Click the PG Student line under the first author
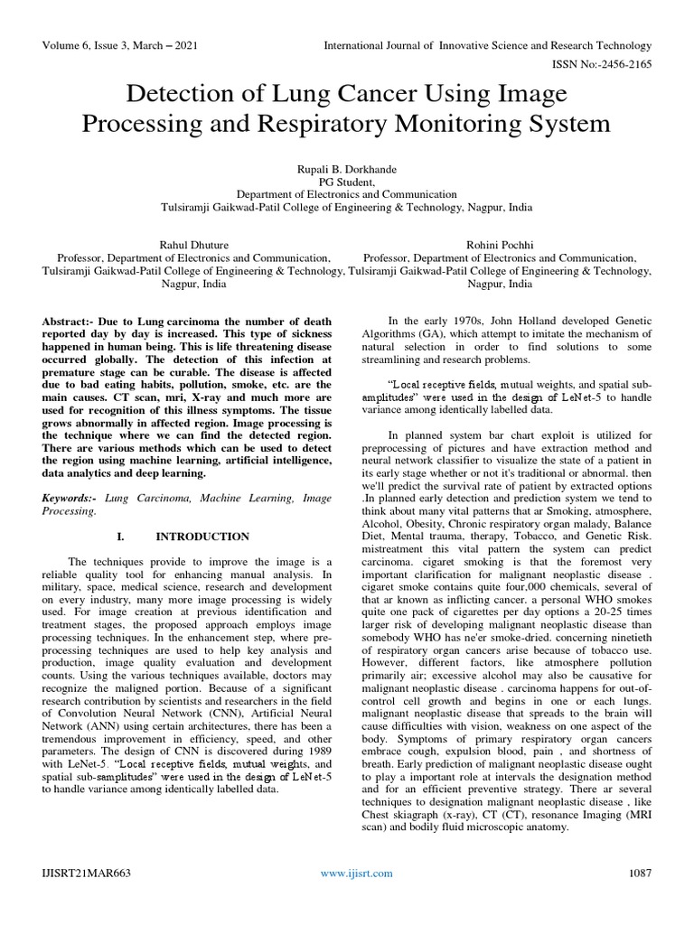[347, 181]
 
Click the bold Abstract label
[70, 322]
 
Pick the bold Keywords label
[71, 498]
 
